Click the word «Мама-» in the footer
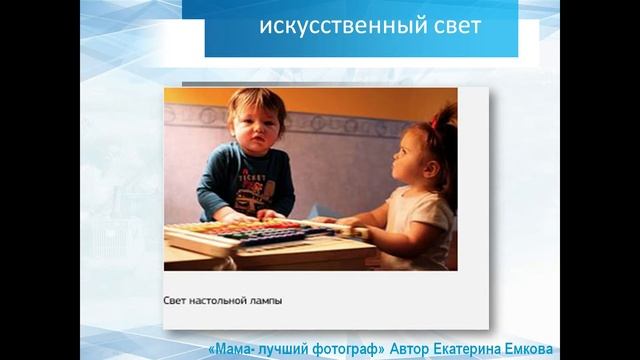click(x=232, y=350)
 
